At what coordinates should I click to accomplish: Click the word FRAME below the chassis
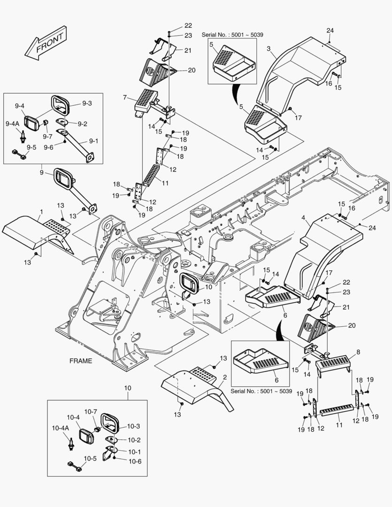(81, 361)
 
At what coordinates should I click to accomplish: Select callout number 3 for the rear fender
(269, 49)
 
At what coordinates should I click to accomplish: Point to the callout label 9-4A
(13, 123)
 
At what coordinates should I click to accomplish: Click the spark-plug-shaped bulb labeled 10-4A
(72, 442)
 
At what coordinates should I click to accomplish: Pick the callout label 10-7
(91, 412)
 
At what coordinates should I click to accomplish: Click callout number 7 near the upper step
(124, 97)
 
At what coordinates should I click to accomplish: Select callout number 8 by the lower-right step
(359, 351)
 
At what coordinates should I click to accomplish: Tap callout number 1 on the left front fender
(41, 212)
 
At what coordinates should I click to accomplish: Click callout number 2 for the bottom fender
(225, 377)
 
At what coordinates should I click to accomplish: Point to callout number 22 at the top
(175, 25)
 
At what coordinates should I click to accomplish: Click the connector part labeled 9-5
(20, 155)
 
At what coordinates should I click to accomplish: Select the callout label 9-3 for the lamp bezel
(87, 103)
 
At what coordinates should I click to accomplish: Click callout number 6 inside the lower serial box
(276, 380)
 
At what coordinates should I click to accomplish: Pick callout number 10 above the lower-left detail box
(128, 388)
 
